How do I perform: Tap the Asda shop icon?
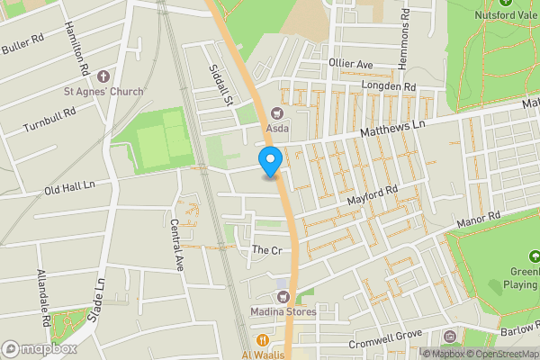[276, 113]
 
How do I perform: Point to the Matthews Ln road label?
[391, 131]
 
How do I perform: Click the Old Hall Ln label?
[68, 188]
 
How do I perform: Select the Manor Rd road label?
[478, 220]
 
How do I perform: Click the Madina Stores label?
[280, 313]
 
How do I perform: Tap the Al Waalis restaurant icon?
[263, 340]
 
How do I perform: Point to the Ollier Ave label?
[350, 65]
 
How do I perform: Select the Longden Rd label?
[388, 86]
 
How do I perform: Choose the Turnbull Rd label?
[50, 117]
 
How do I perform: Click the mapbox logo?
[40, 348]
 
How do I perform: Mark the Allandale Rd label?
[42, 296]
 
